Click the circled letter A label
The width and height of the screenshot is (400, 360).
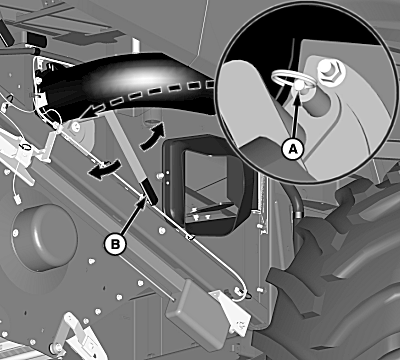pyautogui.click(x=293, y=149)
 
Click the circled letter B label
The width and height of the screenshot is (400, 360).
pyautogui.click(x=115, y=245)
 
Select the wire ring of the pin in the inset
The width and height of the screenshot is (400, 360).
pyautogui.click(x=293, y=80)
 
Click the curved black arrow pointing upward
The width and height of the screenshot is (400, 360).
pyautogui.click(x=153, y=136)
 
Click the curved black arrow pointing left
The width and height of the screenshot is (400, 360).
pyautogui.click(x=104, y=168)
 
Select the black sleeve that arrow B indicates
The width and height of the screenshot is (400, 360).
pyautogui.click(x=149, y=191)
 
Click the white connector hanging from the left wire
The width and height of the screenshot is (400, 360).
pyautogui.click(x=18, y=199)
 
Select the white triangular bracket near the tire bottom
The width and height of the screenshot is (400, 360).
pyautogui.click(x=233, y=312)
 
